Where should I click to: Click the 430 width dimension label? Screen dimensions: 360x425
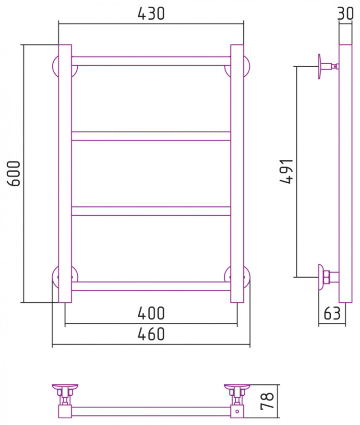point(151,13)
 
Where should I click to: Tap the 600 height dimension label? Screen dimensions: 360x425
point(14,174)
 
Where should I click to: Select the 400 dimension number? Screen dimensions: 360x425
point(151,313)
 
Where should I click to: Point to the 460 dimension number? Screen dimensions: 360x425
point(151,334)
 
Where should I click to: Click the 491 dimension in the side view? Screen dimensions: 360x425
point(287,171)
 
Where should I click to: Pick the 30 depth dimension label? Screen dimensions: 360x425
point(345,13)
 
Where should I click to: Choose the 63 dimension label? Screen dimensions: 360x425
point(332,313)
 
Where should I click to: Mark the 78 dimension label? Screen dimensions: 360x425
point(267,401)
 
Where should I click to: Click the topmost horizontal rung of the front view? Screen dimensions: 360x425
point(151,61)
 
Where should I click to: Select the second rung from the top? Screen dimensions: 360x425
point(151,136)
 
